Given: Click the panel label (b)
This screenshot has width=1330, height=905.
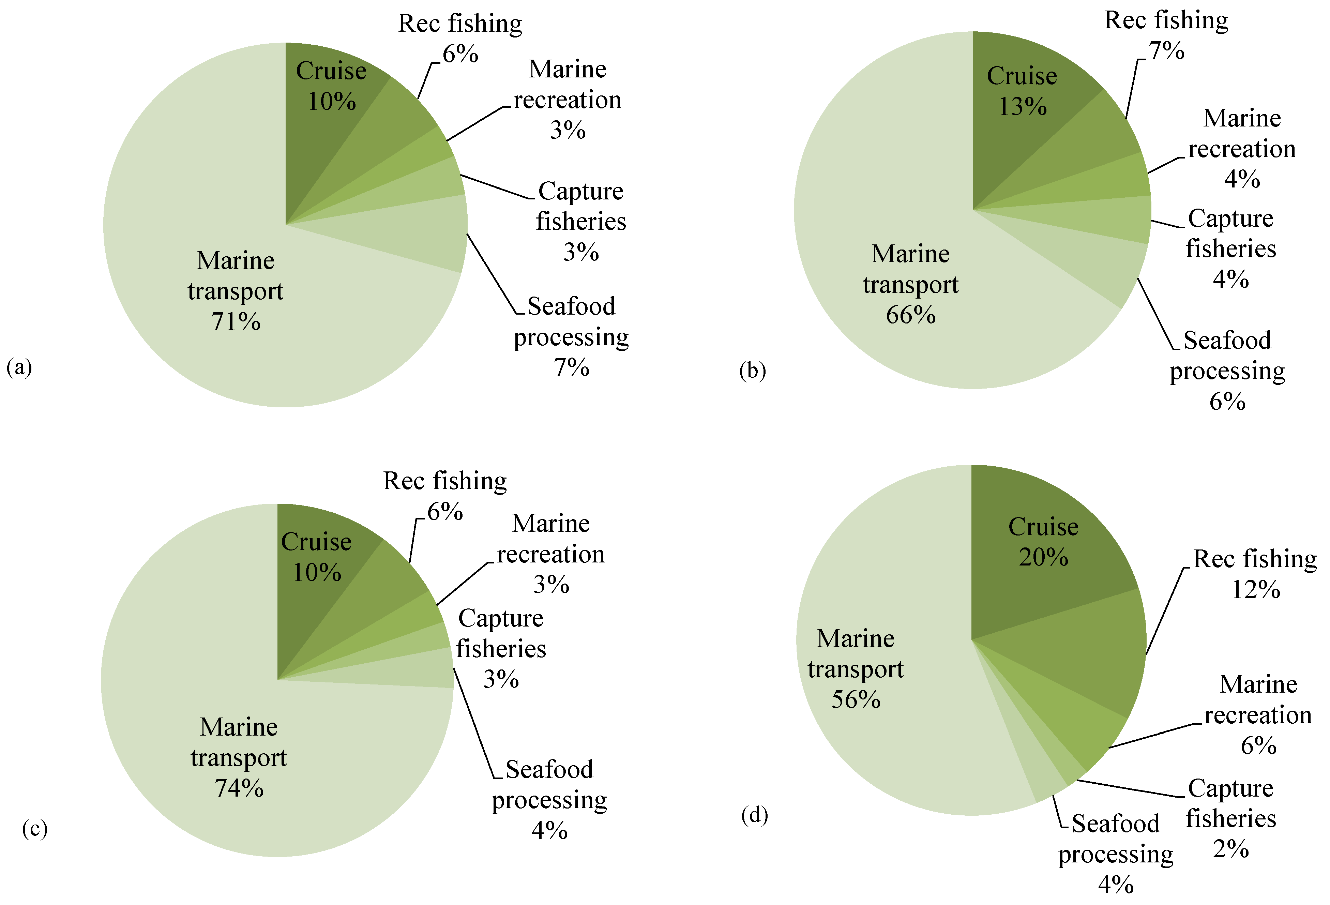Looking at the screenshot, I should tap(752, 371).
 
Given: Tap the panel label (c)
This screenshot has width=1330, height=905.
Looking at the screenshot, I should tap(34, 828).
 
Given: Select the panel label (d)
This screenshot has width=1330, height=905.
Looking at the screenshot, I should tap(754, 815).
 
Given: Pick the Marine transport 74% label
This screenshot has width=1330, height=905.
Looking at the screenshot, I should tap(239, 757).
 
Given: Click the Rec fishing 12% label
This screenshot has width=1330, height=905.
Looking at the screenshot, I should tap(1255, 574).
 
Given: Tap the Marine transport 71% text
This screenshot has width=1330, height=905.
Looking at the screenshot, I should tap(235, 291).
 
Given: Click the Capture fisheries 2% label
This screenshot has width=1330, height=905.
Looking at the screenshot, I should tap(1230, 818).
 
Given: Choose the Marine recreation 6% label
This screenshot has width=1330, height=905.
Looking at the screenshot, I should tap(1258, 714).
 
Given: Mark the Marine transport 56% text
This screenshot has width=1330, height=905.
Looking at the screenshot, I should tap(856, 668).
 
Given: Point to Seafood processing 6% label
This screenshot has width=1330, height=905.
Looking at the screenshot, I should tap(1227, 371).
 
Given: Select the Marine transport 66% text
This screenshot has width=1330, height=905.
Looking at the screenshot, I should tap(910, 284).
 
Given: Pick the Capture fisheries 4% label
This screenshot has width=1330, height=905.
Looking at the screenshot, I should tap(1230, 248).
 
